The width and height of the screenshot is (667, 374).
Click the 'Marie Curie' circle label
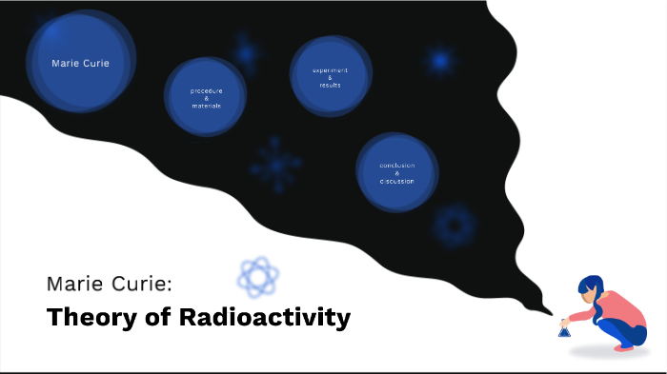click(x=80, y=63)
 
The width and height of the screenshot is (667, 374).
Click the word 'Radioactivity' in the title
click(x=264, y=317)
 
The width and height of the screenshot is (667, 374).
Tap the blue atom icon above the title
click(x=258, y=276)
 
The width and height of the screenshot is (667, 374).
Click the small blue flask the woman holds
click(x=564, y=329)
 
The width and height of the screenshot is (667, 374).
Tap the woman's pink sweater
click(x=616, y=306)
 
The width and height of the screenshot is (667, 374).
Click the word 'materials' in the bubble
click(x=206, y=106)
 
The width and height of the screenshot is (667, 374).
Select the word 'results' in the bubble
click(x=330, y=85)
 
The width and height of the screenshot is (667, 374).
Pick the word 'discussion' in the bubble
click(x=396, y=181)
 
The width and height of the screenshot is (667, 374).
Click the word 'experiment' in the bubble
click(x=330, y=70)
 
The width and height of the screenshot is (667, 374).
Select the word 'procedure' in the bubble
click(x=206, y=90)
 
